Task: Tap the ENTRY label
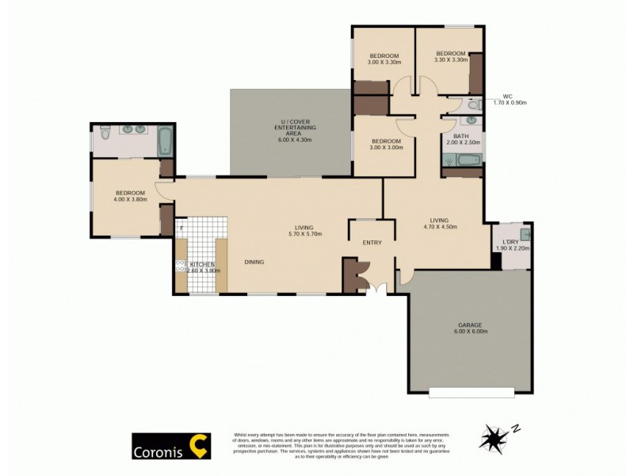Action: [x=372, y=243]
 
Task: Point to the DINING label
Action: [x=254, y=262]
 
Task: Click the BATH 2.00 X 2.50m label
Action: [x=461, y=139]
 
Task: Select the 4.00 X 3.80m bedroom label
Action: [x=130, y=196]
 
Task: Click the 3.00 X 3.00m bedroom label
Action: [x=388, y=144]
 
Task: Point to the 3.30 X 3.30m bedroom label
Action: [x=450, y=56]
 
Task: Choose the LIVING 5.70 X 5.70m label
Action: [x=305, y=230]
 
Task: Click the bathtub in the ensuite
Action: [x=164, y=143]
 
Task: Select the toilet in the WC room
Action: [x=473, y=104]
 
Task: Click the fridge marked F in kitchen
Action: [x=181, y=228]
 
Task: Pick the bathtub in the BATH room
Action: [x=461, y=161]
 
